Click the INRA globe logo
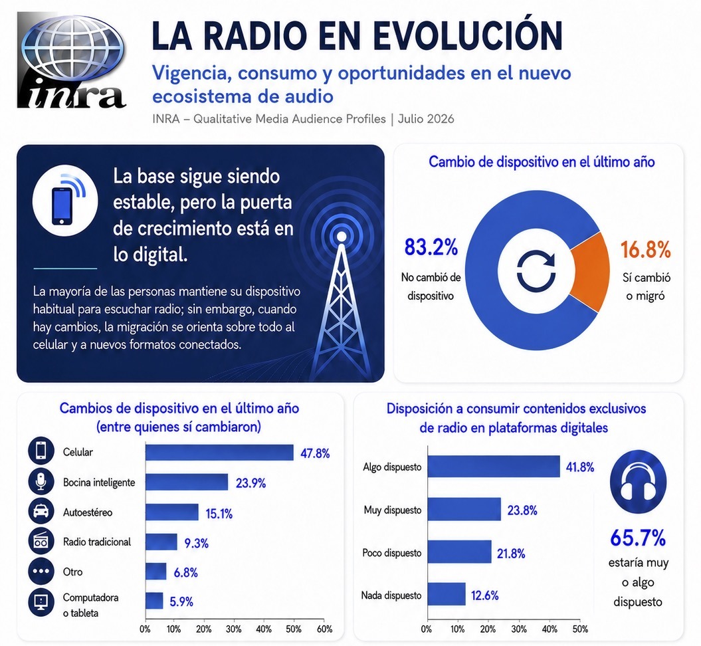coord(72,60)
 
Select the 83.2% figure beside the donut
coord(431,247)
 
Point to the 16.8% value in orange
coord(646,249)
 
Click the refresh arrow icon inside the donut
coord(536,270)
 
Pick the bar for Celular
coord(219,453)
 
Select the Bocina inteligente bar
coord(187,483)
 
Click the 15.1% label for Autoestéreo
coord(219,514)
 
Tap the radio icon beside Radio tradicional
coord(41,542)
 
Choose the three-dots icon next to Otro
coord(41,572)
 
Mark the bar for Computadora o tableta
coord(154,601)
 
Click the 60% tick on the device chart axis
coord(324,629)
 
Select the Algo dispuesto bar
coord(494,467)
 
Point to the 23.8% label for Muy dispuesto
coord(522,510)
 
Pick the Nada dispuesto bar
coord(447,594)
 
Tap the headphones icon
coord(638,482)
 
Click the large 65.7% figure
coord(638,538)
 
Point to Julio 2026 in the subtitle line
coord(426,119)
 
